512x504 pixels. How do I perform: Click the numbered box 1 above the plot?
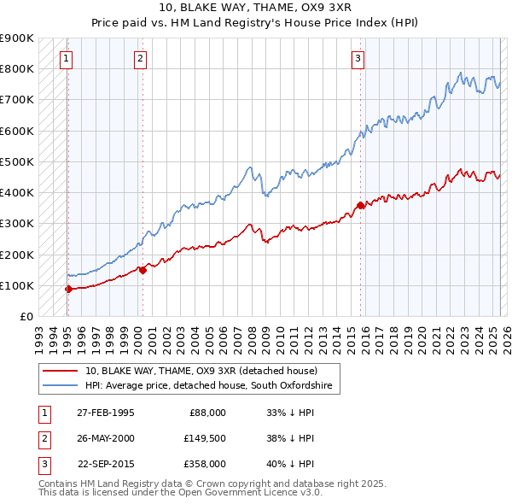point(67,59)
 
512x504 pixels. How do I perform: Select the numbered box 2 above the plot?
point(140,59)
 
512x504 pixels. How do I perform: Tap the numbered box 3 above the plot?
point(358,59)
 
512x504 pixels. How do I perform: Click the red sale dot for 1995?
point(68,289)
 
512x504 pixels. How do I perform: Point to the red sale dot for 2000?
point(143,270)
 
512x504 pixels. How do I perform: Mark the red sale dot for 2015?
point(360,205)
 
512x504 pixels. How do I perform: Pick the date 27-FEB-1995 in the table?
point(106,412)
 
